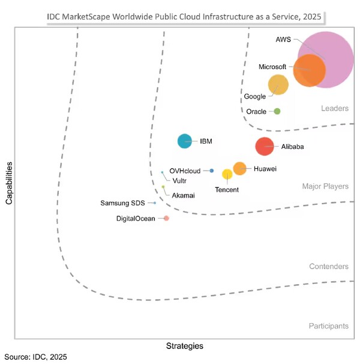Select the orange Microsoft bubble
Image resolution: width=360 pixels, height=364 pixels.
(x=310, y=70)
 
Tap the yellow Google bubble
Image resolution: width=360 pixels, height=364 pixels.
(x=278, y=85)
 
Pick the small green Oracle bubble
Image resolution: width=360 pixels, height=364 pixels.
(x=277, y=111)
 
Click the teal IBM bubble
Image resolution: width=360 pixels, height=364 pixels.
(x=185, y=141)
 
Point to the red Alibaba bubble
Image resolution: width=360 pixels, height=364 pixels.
(x=264, y=146)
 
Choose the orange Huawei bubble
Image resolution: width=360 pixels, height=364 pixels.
(x=239, y=168)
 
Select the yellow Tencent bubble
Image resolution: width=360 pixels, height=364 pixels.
(x=227, y=174)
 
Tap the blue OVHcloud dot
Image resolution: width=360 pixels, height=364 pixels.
(x=212, y=171)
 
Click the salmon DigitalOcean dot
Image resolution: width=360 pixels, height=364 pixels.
(x=166, y=218)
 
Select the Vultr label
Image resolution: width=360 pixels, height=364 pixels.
(x=179, y=180)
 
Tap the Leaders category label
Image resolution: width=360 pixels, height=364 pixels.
(x=335, y=108)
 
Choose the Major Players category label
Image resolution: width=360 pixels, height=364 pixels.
(x=325, y=186)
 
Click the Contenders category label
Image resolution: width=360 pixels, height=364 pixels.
(x=329, y=266)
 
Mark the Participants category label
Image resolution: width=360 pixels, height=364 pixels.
(x=328, y=326)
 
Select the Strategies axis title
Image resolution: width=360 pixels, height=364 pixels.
(x=184, y=346)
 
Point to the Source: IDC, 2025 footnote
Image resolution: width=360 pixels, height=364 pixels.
(x=35, y=357)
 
